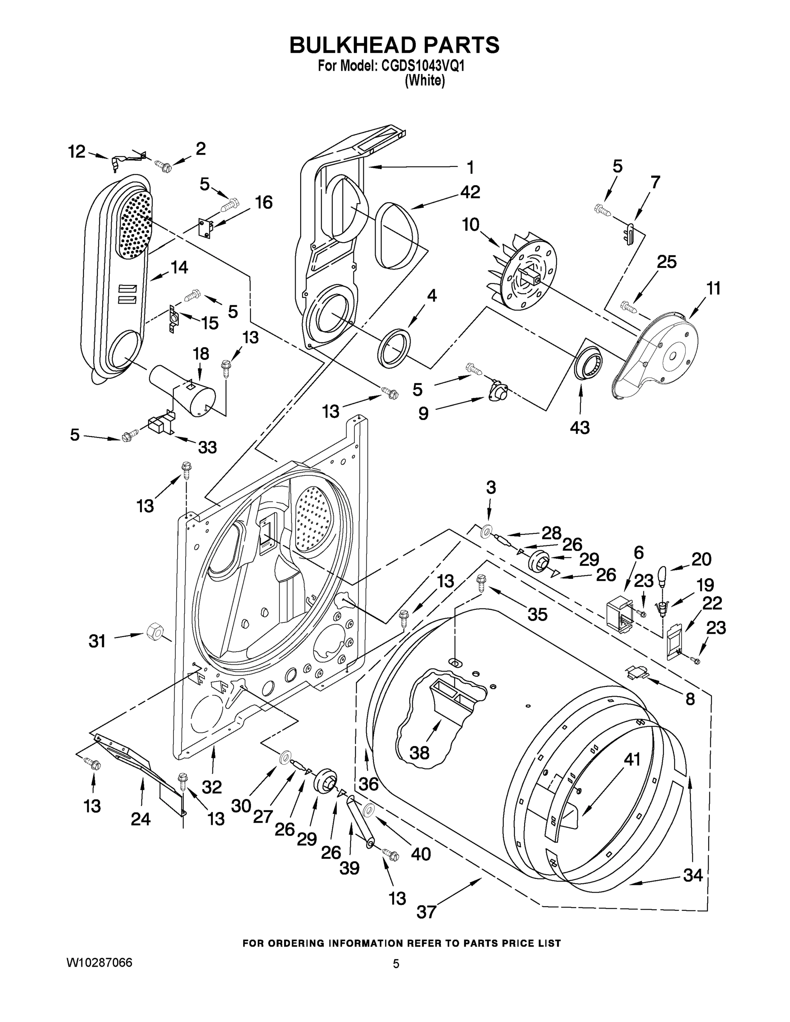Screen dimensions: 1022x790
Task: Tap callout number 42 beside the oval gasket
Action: point(469,192)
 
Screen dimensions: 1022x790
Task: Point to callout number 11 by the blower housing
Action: point(713,289)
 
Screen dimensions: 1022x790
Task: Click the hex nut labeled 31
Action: point(154,634)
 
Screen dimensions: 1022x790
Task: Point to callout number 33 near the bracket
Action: point(207,448)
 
